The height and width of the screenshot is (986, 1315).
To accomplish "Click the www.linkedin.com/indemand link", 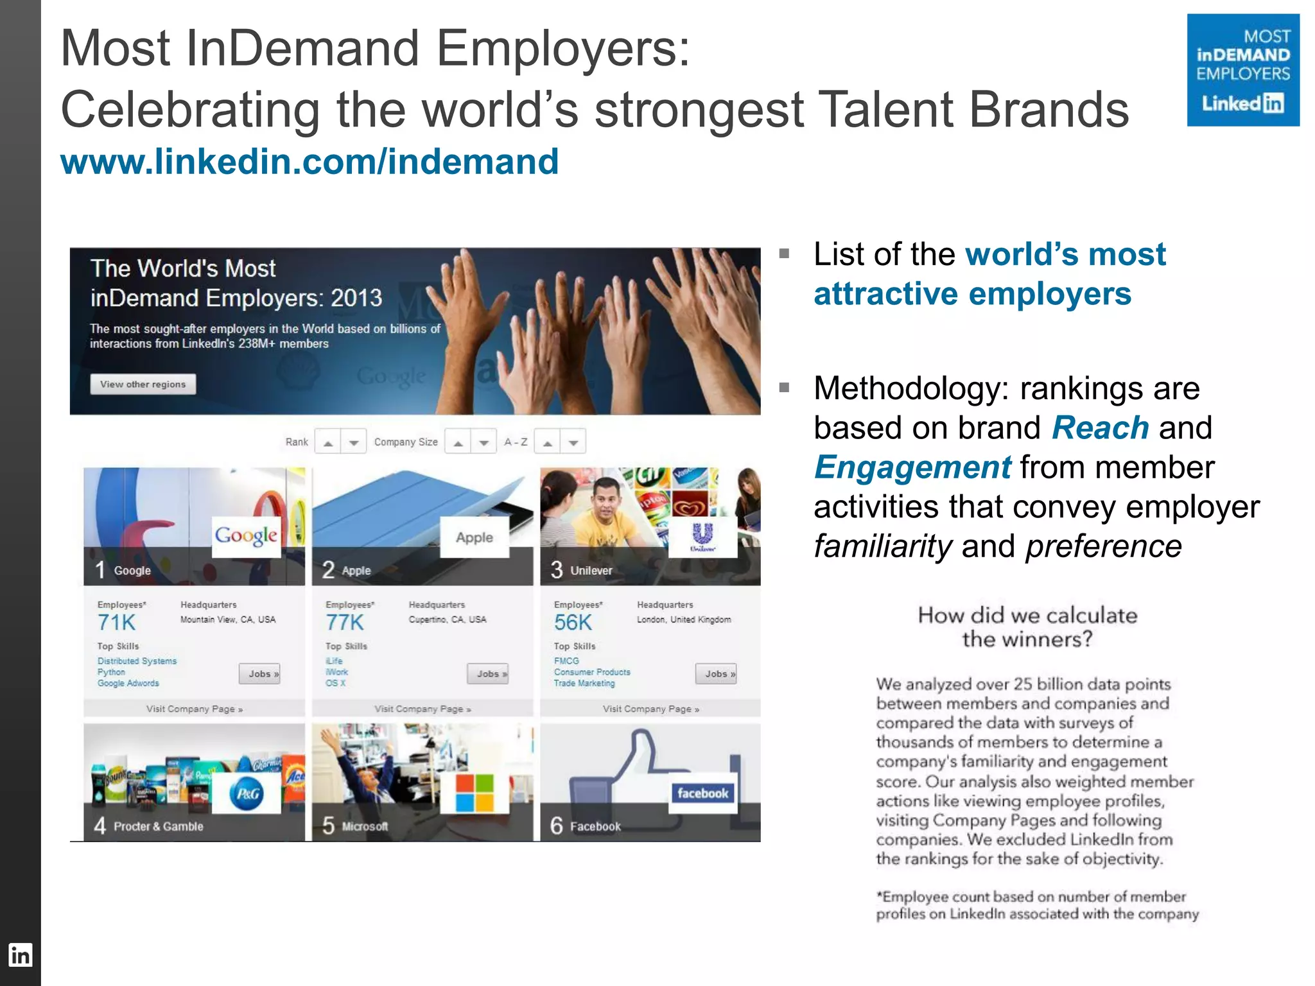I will point(309,161).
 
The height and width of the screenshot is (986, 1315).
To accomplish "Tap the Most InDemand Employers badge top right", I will point(1242,70).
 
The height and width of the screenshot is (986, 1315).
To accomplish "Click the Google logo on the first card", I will point(247,535).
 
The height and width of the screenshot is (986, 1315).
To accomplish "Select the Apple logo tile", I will point(475,537).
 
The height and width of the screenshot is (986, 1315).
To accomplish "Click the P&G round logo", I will point(247,794).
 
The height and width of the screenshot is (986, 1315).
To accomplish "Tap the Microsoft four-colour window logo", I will point(475,793).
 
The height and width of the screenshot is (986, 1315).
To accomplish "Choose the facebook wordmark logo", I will point(702,793).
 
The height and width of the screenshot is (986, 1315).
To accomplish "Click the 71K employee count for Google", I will point(116,623).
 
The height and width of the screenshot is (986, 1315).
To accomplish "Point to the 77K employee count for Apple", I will point(345,623).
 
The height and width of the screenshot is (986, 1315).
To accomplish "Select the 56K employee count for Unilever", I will point(573,623).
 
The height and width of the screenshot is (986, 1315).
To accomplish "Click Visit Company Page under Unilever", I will point(650,709).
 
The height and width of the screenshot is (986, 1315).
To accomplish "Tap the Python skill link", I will point(111,672).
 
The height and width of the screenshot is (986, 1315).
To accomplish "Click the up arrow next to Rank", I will point(328,442).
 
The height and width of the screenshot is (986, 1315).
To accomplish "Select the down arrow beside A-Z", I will point(573,442).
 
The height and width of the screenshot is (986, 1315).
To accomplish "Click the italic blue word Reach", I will point(1100,428).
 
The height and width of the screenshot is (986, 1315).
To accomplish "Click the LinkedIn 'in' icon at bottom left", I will point(20,955).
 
